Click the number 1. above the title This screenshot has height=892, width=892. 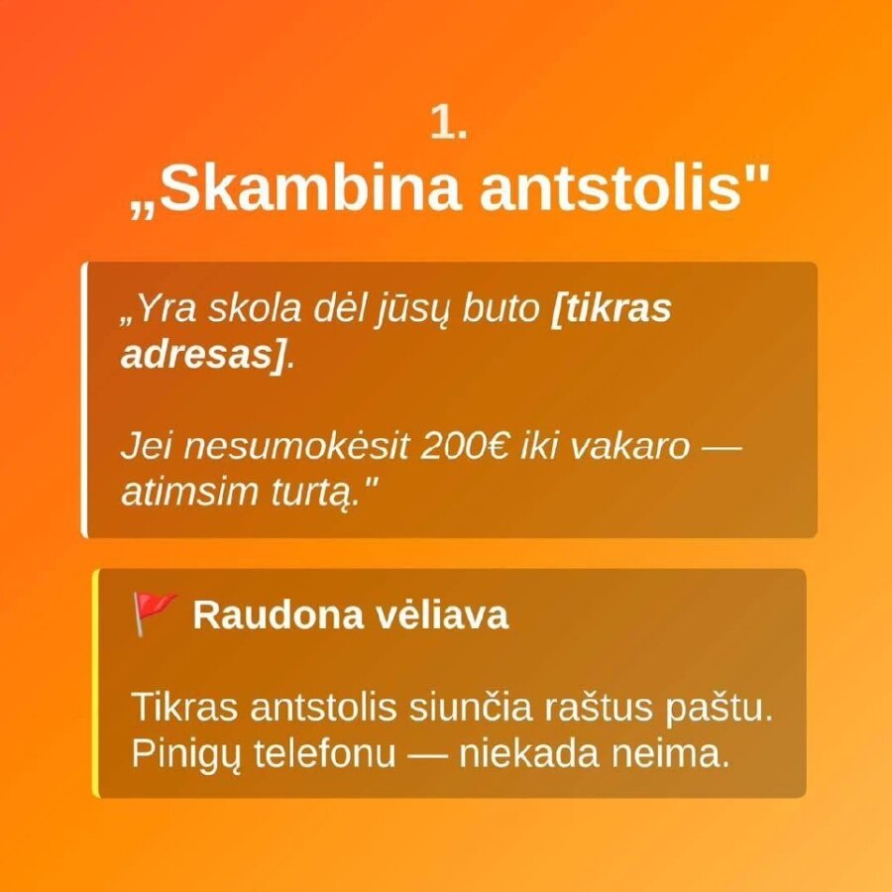coord(448,122)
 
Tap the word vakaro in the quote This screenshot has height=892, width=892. coord(629,447)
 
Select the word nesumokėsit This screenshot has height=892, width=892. coord(295,447)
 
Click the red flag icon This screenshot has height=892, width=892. coord(154,613)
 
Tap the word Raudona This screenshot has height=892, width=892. coord(279,614)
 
